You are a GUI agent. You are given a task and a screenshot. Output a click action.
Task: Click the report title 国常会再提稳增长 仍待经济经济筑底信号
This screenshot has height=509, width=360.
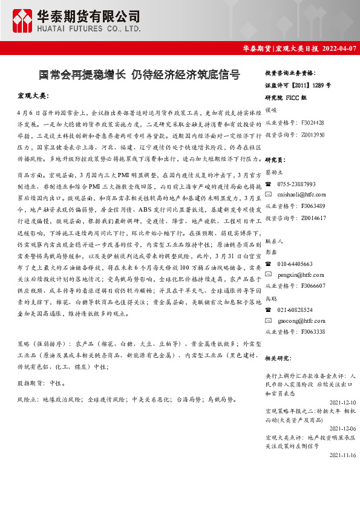tap(139, 75)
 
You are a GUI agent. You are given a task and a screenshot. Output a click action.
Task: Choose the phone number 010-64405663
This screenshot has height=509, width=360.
tap(295, 264)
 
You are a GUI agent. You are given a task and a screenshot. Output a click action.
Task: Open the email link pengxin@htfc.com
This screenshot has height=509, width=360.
tap(299, 275)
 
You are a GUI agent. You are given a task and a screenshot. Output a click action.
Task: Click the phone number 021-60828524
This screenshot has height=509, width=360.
tap(295, 310)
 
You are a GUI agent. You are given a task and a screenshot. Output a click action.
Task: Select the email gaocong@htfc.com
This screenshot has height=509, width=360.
tap(300, 320)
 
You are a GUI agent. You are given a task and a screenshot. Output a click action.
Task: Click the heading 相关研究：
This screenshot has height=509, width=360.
tap(278, 358)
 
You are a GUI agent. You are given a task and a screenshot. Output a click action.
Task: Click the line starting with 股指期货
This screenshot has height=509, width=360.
tap(42, 383)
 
